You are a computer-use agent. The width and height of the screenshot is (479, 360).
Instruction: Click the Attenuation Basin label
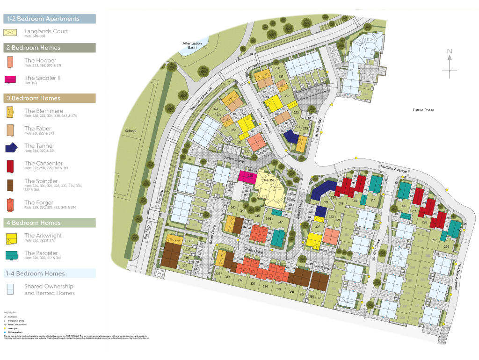[192, 45]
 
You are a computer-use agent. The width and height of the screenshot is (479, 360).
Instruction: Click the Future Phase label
[423, 110]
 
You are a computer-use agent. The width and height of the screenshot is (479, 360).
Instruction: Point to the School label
[131, 131]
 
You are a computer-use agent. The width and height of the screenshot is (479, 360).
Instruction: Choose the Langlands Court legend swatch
[10, 33]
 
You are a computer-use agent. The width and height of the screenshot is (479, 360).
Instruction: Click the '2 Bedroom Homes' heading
[33, 48]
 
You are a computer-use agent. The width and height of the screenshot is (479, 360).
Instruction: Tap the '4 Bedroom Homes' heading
[33, 223]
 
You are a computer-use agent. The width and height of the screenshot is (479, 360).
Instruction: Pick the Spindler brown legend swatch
[10, 183]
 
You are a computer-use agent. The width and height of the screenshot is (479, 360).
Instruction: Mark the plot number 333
[227, 277]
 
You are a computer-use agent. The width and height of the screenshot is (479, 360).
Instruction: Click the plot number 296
[446, 246]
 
